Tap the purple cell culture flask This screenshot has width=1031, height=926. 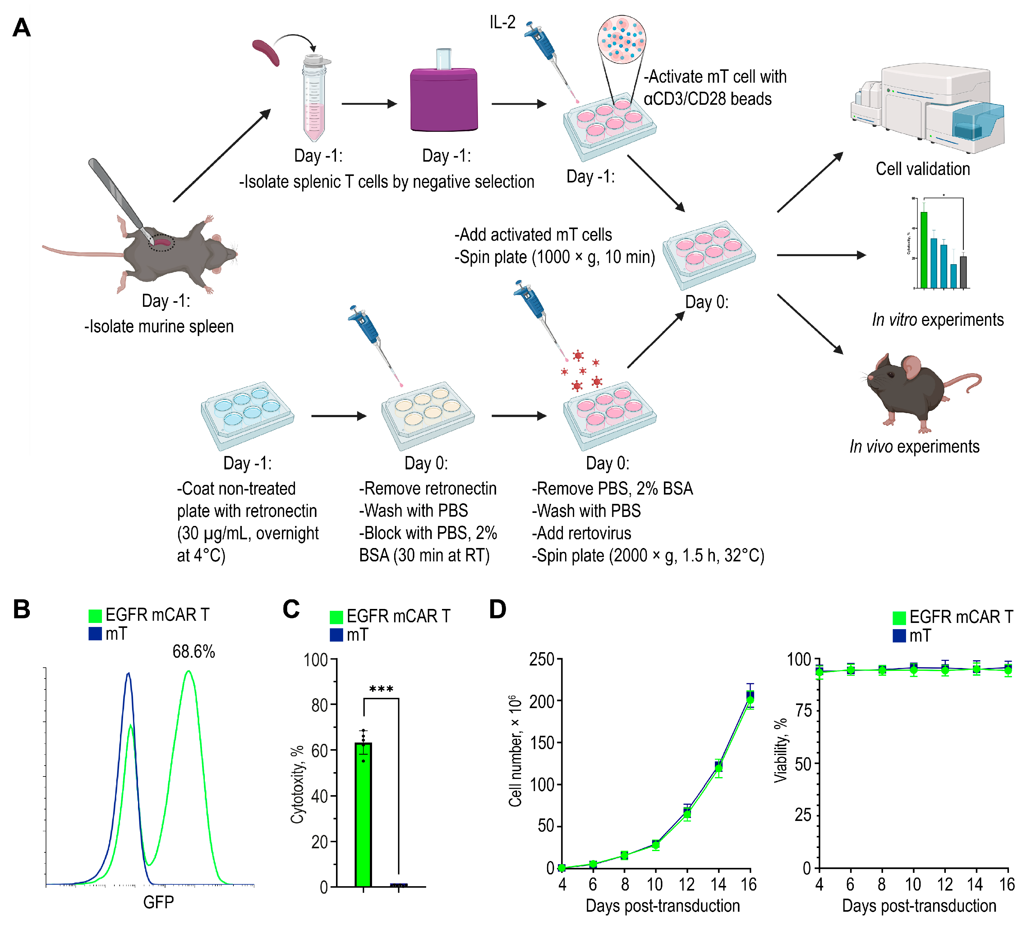coord(444,99)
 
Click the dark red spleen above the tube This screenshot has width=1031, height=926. coord(265,53)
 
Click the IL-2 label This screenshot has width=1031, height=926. coord(502,22)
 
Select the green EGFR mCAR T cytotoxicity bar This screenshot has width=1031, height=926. coord(363,814)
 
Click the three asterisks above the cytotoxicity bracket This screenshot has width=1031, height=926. coord(381,689)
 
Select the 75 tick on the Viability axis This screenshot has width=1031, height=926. coord(804,711)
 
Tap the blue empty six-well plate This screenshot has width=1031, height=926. coord(247,415)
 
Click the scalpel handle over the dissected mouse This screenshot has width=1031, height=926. coord(114,191)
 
